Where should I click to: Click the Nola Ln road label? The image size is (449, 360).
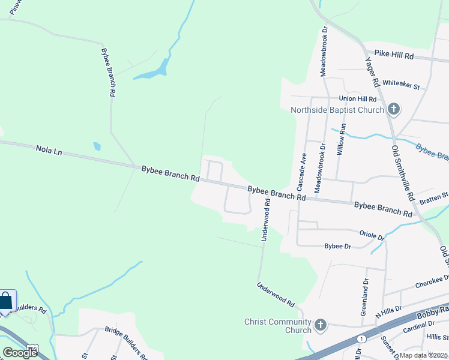coord(49,151)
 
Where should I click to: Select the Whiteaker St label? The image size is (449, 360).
coord(400,85)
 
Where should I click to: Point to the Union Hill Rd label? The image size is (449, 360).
coord(357,98)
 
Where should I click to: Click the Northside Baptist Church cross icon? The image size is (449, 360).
coord(394,109)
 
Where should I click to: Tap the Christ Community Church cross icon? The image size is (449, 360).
coord(321,326)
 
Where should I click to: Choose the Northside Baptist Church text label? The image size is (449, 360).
coord(337,110)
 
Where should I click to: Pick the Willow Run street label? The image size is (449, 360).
coord(342,140)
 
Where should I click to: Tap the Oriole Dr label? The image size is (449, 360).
coord(372,235)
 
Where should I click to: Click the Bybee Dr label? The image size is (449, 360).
coord(337,246)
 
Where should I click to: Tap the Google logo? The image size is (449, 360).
coord(20,352)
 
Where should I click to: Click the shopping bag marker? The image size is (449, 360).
coord(5,301)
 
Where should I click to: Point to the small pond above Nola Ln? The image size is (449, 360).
coord(97,146)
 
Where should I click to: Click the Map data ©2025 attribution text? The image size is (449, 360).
coord(423,355)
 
